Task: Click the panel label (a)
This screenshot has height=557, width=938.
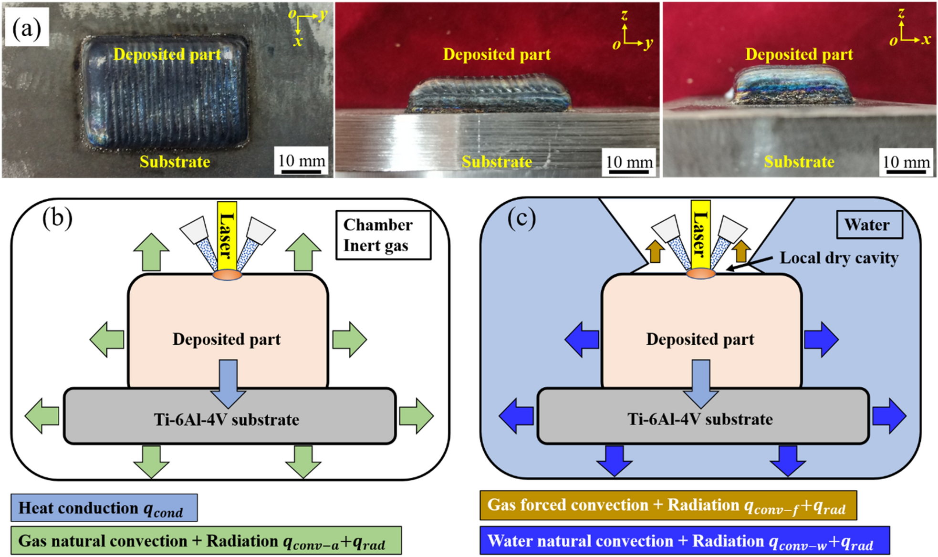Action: (27, 28)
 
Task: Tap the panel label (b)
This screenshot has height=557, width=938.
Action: (57, 218)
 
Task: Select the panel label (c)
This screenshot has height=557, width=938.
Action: (521, 218)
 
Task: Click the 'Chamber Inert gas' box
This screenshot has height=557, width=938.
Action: (383, 235)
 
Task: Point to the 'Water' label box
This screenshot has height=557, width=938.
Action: (869, 225)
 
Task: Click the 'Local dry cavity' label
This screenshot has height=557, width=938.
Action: (839, 258)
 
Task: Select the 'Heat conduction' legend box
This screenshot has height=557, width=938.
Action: (104, 508)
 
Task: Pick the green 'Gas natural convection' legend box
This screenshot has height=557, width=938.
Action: (206, 541)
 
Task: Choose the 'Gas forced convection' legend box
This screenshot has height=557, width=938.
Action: (667, 505)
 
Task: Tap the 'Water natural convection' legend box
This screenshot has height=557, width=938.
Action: (684, 541)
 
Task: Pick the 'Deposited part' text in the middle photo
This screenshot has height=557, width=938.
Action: (497, 54)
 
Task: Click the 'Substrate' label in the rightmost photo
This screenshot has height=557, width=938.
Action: (799, 162)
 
